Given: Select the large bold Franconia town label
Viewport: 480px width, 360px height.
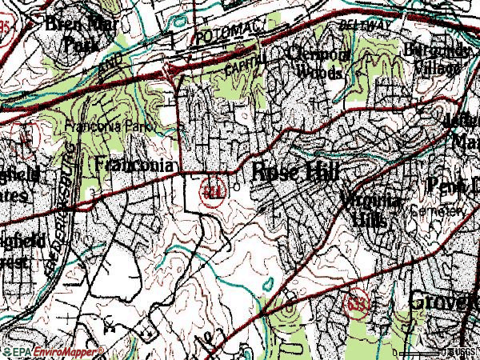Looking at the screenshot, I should (134, 165).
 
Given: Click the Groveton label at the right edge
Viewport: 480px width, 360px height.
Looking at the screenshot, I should (445, 301).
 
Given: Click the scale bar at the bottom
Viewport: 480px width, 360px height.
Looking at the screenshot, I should (424, 352).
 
